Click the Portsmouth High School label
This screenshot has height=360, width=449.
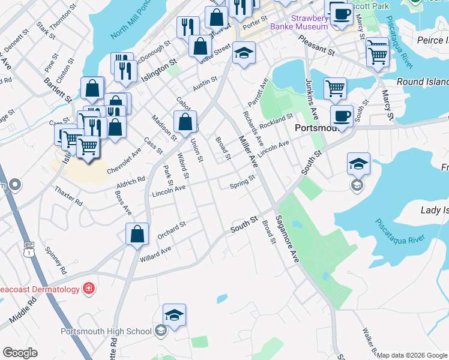click(106, 331)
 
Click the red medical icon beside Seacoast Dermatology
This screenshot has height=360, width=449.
click(89, 289)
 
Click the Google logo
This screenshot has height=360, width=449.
click(20, 353)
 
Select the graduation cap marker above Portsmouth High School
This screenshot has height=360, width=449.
click(174, 314)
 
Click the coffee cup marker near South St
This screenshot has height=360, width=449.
click(342, 115)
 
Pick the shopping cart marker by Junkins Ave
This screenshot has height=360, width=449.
click(335, 88)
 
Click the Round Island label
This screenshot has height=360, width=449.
click(423, 82)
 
